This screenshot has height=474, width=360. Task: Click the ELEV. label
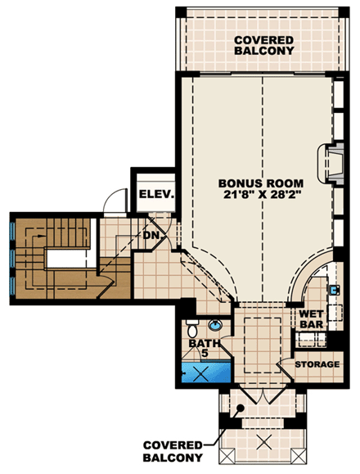[155, 194]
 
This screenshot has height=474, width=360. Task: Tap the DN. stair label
[151, 234]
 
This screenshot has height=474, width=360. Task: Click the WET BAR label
[313, 318]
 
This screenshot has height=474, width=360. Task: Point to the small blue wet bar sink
[335, 289]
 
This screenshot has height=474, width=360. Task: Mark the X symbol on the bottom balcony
[263, 444]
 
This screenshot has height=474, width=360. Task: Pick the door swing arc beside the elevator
[117, 197]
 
